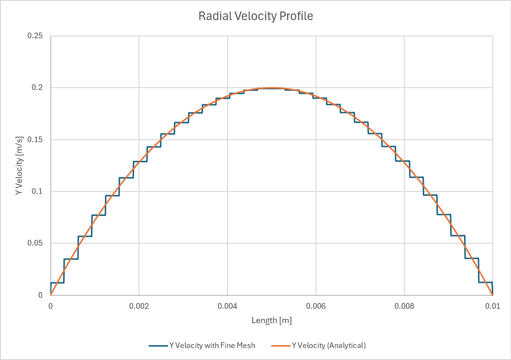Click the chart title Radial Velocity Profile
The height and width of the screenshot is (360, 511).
[256, 16]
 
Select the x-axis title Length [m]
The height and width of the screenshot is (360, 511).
[272, 320]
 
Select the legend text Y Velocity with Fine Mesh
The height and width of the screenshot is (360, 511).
[212, 345]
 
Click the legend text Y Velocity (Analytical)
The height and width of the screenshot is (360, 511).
[329, 345]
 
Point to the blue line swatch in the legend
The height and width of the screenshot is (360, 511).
[158, 345]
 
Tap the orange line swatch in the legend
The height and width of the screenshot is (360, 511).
[280, 345]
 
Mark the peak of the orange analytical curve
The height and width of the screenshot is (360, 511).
[272, 88]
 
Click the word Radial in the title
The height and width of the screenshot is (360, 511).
[214, 16]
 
